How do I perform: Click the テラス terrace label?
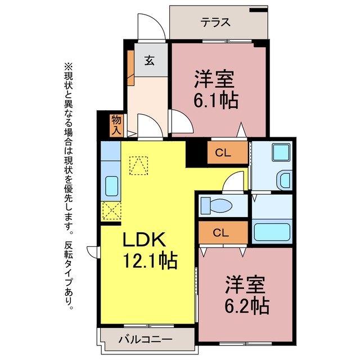(215, 22)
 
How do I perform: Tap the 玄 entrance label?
(150, 60)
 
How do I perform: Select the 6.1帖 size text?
(216, 101)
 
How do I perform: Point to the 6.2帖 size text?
(247, 306)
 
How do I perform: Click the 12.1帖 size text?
(150, 261)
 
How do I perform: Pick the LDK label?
(144, 239)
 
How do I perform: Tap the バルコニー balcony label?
(145, 339)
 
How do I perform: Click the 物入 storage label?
(116, 125)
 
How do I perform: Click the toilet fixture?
(216, 205)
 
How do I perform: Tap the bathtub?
(272, 232)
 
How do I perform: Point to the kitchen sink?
(111, 186)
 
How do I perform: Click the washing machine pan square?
(281, 152)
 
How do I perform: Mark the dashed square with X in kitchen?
(111, 210)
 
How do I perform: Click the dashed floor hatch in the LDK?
(138, 166)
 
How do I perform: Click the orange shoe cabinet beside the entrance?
(130, 68)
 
